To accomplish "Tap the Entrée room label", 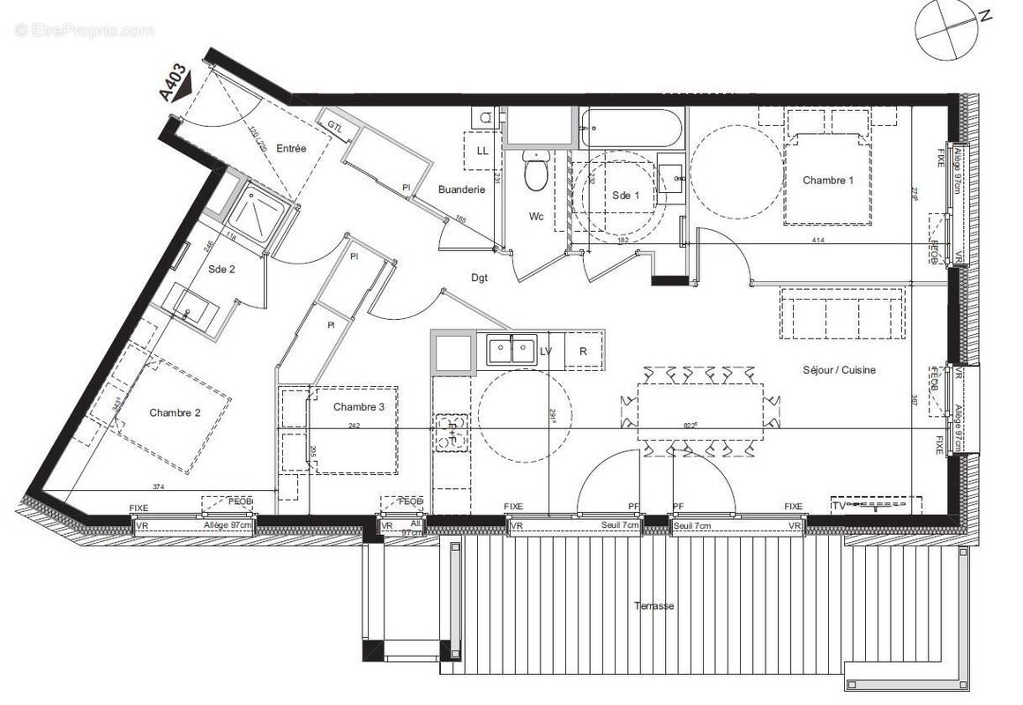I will (291, 149).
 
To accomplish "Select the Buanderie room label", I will (462, 189).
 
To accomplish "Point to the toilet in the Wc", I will (535, 171).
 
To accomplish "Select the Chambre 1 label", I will (827, 181).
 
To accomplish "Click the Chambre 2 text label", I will (175, 412).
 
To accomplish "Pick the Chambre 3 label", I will (359, 407).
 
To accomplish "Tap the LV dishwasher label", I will (546, 352).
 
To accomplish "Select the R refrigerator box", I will (583, 352).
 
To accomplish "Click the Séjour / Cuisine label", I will (839, 370).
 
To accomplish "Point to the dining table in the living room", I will (701, 411).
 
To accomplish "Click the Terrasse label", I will (653, 606).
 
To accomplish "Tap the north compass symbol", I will (946, 28).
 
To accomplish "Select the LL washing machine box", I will (482, 151).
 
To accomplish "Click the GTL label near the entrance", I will (336, 126).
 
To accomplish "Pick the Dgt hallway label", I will (480, 278).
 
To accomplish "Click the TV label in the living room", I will (839, 506).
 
